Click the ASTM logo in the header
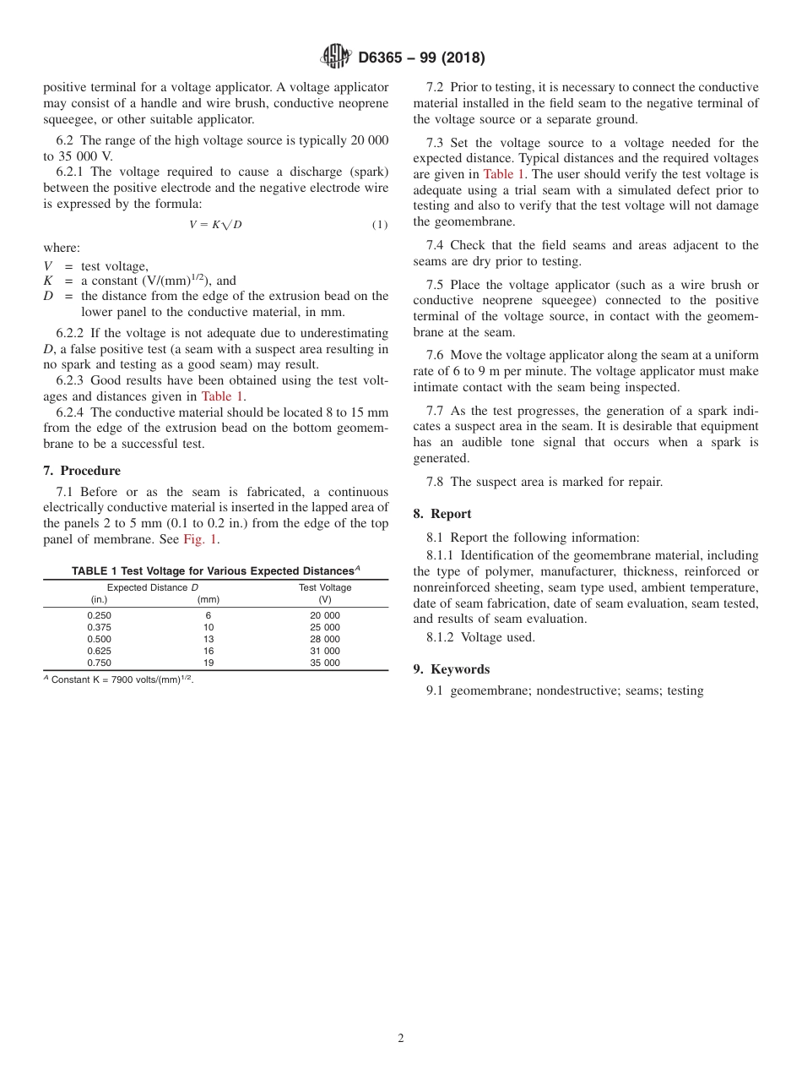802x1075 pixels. (x=335, y=57)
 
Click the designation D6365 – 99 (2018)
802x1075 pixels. (x=421, y=58)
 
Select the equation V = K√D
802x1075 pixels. (x=215, y=224)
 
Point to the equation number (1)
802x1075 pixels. (x=380, y=225)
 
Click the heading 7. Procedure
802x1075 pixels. (x=82, y=471)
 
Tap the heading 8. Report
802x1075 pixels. (x=442, y=514)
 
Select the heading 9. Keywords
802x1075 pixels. (x=451, y=669)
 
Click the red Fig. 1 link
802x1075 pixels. (x=201, y=539)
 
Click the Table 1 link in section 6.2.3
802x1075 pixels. (x=223, y=396)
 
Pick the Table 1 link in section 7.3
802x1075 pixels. (x=504, y=174)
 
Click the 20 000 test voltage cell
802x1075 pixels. (x=325, y=616)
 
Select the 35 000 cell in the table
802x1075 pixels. (x=325, y=663)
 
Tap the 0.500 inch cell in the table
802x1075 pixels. (x=99, y=640)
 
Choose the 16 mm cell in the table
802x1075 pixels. (x=209, y=652)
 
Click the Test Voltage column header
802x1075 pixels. (x=325, y=587)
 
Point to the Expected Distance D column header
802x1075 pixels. (x=153, y=587)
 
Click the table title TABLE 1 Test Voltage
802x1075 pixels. (x=215, y=570)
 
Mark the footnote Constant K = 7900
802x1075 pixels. (x=118, y=679)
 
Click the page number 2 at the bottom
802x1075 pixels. (x=401, y=1039)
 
